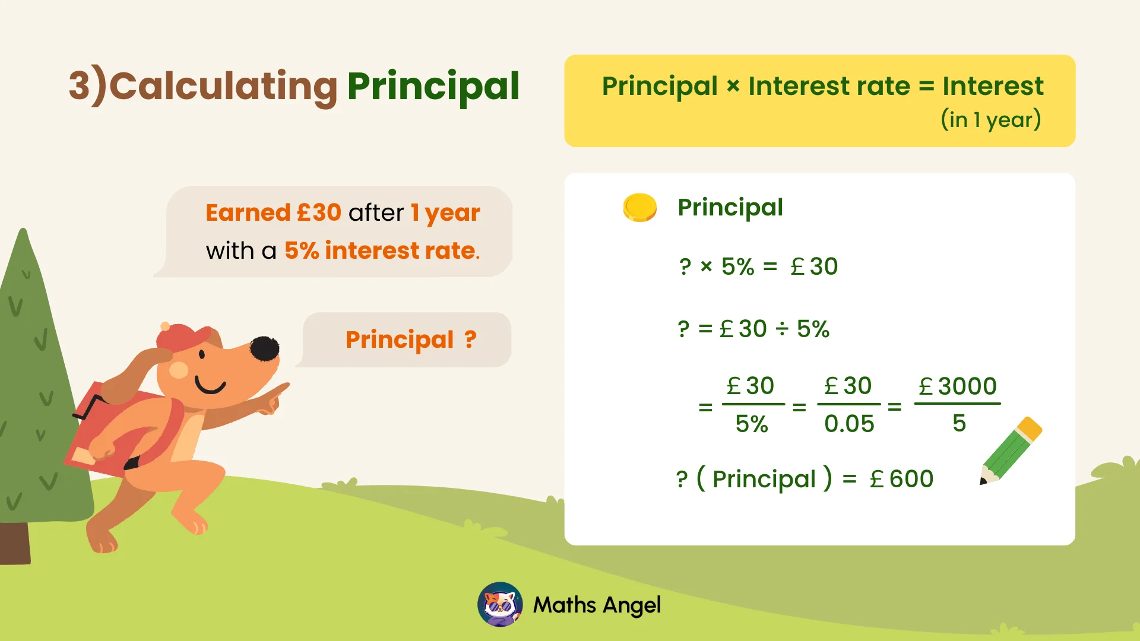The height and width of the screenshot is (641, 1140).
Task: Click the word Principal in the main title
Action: click(433, 87)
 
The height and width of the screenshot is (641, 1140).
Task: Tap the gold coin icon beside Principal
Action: click(639, 208)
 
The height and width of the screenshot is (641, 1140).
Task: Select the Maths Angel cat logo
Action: click(500, 605)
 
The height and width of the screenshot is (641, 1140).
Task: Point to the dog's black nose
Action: click(264, 349)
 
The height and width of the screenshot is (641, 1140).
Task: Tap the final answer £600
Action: click(902, 479)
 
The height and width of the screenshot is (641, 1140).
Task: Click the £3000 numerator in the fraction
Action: click(958, 386)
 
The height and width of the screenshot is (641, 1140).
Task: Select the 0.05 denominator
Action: click(849, 424)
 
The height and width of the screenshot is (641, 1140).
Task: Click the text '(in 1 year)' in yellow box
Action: click(990, 120)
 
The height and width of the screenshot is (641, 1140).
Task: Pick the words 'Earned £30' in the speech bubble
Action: click(273, 212)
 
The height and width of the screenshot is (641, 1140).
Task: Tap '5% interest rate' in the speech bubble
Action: click(381, 250)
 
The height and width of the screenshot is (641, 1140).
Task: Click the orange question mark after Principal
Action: click(470, 339)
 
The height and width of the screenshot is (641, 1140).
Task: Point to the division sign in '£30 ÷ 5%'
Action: click(782, 329)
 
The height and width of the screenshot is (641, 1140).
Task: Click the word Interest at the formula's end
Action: click(993, 86)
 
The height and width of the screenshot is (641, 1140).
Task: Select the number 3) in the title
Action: click(87, 87)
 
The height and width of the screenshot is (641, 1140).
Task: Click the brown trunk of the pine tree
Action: click(15, 542)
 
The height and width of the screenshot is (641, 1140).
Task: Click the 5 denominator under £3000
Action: click(959, 423)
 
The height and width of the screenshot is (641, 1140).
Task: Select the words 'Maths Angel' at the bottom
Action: click(597, 605)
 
